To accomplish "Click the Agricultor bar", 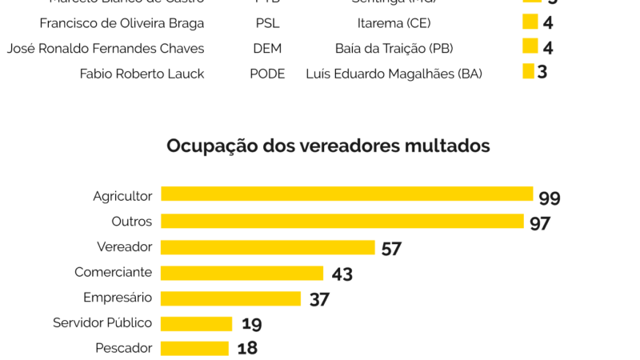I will [x=346, y=194].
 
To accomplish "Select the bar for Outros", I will [x=342, y=221].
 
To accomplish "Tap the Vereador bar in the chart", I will [x=267, y=247].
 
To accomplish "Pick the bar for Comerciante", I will [x=242, y=273].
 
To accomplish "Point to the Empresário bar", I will [x=230, y=298].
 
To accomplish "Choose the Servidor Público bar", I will [x=196, y=324].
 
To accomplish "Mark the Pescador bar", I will [x=194, y=349].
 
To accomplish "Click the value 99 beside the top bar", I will [x=550, y=198].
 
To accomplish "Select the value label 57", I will [x=391, y=249].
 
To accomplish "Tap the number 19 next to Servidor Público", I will [x=251, y=324].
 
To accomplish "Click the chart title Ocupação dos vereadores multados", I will [x=328, y=146].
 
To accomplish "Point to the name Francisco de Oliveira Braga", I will [x=122, y=23].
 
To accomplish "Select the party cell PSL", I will [x=267, y=23].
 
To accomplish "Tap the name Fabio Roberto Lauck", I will [x=142, y=74].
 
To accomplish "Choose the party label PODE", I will [x=267, y=74].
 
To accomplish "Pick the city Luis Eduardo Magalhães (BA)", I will [x=394, y=74].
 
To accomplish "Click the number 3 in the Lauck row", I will [x=542, y=73].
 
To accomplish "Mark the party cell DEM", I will [x=267, y=49].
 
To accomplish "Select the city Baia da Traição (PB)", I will [x=394, y=49].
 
